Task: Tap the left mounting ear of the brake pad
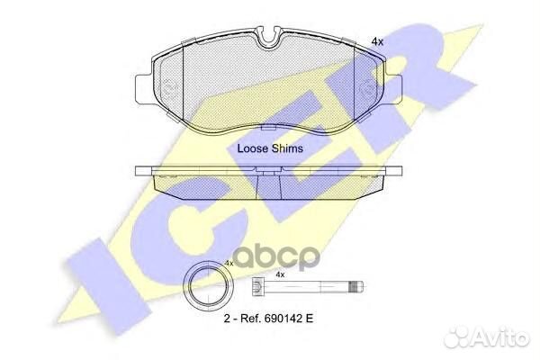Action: pos(143,88)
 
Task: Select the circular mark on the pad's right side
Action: pos(366,89)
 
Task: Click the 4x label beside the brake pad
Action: pos(377,42)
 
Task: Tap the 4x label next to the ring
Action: pos(229,263)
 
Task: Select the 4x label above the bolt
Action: pos(280,274)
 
